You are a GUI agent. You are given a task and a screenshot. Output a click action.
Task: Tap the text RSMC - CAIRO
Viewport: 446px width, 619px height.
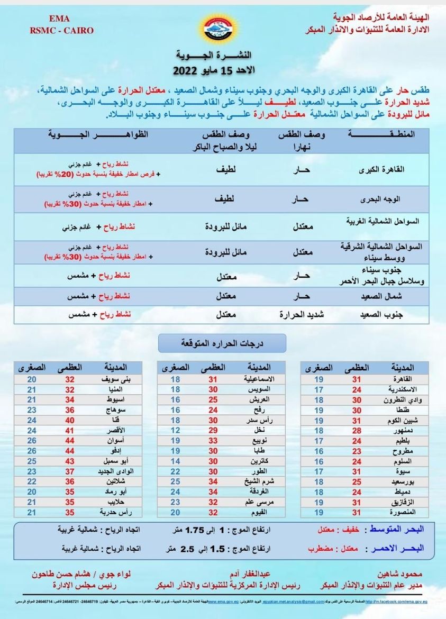(62, 30)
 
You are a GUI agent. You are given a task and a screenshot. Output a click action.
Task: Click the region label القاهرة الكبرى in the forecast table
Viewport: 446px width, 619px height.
(385, 170)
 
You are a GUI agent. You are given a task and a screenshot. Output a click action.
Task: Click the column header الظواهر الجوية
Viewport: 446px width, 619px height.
(99, 135)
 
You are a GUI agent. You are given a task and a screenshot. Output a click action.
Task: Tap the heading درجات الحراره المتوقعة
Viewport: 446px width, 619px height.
(222, 343)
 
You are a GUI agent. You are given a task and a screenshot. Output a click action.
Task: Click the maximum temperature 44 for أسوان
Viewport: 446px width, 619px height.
(70, 441)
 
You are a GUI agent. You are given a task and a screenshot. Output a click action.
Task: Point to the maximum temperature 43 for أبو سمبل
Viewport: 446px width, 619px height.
(70, 461)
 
